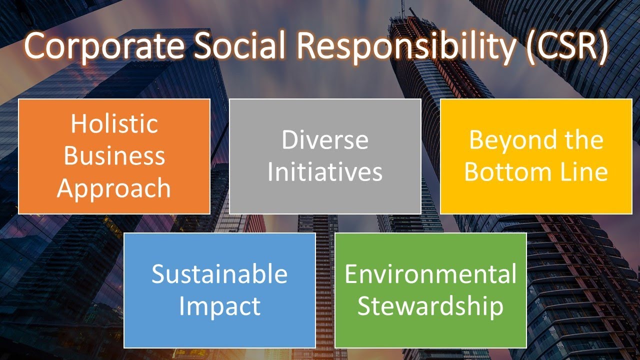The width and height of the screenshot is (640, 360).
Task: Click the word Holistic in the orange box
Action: pyautogui.click(x=114, y=123)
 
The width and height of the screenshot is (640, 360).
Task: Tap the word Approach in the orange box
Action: pyautogui.click(x=114, y=188)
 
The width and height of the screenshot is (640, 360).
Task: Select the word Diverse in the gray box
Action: pyautogui.click(x=325, y=140)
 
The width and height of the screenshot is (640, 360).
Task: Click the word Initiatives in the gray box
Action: pyautogui.click(x=325, y=172)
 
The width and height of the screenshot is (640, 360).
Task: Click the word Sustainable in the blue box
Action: pyautogui.click(x=219, y=274)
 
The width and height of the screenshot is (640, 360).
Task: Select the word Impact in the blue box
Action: pyautogui.click(x=219, y=306)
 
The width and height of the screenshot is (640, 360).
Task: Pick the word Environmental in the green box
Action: pyautogui.click(x=430, y=274)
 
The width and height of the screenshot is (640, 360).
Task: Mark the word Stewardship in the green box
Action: pyautogui.click(x=430, y=306)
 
